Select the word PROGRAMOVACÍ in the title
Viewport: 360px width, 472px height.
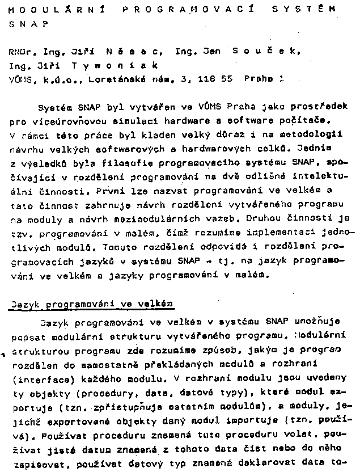(183, 10)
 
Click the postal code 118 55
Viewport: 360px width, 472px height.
(215, 80)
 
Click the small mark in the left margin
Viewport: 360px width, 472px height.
(3, 355)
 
